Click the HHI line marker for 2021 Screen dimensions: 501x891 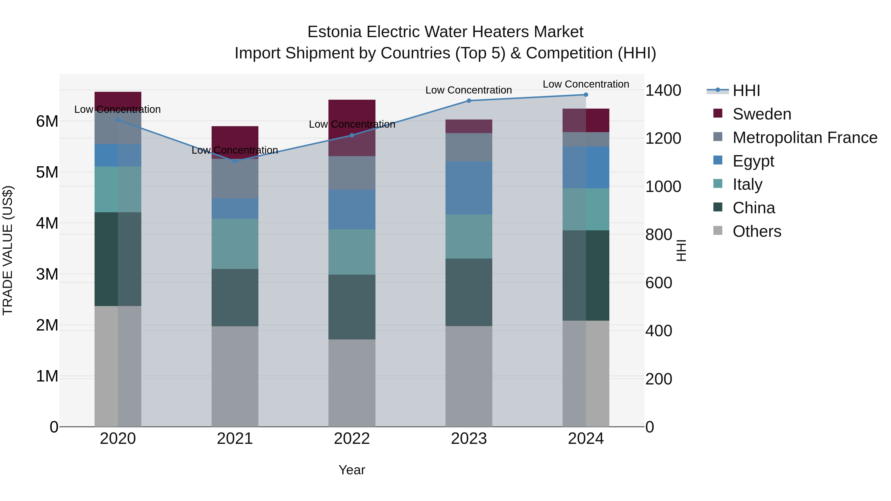point(235,161)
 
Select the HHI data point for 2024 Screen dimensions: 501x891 point(586,95)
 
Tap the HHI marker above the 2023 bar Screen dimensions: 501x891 point(469,101)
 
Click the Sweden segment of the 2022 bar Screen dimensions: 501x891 point(352,128)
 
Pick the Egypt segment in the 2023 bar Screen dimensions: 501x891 point(469,188)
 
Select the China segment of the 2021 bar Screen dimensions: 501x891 point(235,297)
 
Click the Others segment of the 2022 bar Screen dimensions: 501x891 point(352,383)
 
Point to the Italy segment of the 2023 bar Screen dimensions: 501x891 point(469,237)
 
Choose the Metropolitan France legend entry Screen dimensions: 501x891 point(805,138)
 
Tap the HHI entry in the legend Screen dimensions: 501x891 point(746,91)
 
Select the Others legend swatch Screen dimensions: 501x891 point(718,231)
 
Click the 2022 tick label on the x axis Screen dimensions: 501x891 point(352,439)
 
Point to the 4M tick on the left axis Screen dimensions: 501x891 point(47,223)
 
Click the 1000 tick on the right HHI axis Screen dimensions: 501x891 point(663,187)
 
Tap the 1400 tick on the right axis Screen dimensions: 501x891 point(663,91)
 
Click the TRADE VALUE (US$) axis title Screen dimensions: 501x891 point(8,250)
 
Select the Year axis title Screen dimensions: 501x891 point(352,470)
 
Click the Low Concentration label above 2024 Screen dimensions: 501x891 point(586,84)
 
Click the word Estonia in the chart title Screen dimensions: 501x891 point(334,32)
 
